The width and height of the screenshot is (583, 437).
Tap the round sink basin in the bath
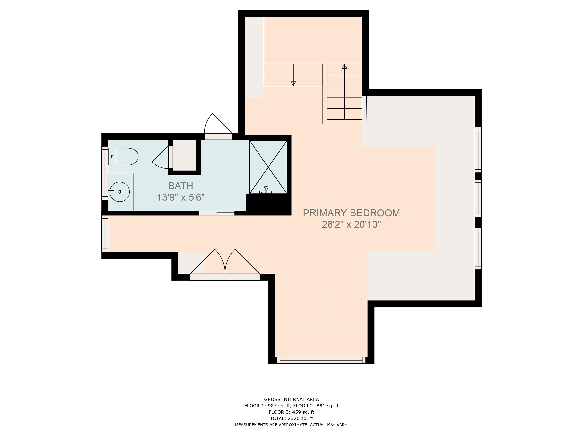pyautogui.click(x=120, y=192)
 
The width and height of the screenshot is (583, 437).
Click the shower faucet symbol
pyautogui.click(x=266, y=190)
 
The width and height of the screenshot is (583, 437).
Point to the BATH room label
pyautogui.click(x=180, y=186)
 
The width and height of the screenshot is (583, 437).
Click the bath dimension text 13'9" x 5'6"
pyautogui.click(x=181, y=197)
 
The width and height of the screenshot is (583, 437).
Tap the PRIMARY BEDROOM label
pyautogui.click(x=351, y=213)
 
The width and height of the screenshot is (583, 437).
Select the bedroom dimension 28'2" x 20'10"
pyautogui.click(x=351, y=224)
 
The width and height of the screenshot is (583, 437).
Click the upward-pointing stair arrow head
pyautogui.click(x=344, y=67)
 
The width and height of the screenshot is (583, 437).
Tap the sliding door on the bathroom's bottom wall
pyautogui.click(x=217, y=213)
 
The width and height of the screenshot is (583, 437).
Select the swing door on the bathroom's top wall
pyautogui.click(x=218, y=127)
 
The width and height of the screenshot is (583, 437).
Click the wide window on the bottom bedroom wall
pyautogui.click(x=321, y=360)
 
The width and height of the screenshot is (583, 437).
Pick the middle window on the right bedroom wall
pyautogui.click(x=478, y=198)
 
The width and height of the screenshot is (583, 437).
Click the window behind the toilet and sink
pyautogui.click(x=105, y=173)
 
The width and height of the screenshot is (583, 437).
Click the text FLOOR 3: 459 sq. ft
pyautogui.click(x=291, y=412)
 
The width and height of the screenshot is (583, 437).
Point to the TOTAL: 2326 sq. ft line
pyautogui.click(x=291, y=418)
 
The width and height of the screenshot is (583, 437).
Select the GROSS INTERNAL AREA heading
pyautogui.click(x=291, y=399)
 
